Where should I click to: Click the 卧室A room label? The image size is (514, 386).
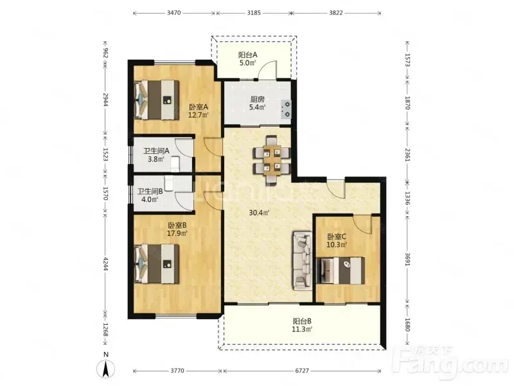pos(199,107)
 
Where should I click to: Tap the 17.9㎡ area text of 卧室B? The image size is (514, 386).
pos(177,234)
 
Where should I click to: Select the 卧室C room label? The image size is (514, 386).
pos(337,237)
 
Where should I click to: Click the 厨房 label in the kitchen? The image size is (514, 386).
pos(258,99)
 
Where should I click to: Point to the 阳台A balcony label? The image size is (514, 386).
pos(247,55)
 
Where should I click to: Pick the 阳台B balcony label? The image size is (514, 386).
pos(302,321)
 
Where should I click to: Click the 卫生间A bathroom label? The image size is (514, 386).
pos(156,151)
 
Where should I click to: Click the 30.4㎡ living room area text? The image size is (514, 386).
pos(259,213)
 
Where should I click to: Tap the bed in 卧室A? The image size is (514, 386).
pos(156,100)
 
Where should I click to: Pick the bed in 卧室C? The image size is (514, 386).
pos(341,270)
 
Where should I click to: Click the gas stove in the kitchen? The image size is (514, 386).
pos(286,109)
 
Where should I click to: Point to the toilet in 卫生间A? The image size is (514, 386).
pos(175,164)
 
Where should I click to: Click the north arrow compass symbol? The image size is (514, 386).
pos(105,369)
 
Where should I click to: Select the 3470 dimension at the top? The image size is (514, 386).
pos(173,13)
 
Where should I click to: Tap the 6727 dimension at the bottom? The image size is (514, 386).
pos(302,371)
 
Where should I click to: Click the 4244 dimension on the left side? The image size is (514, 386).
pos(105,264)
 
